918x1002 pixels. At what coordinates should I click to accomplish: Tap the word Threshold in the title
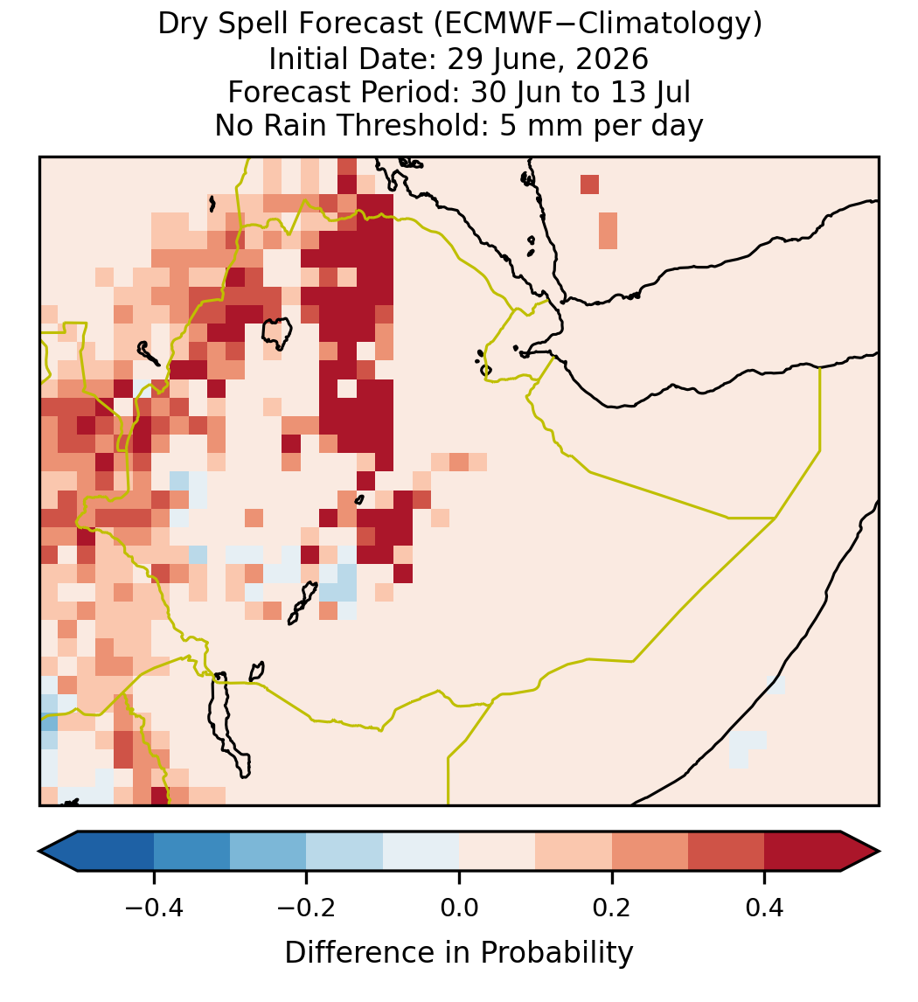tap(419, 125)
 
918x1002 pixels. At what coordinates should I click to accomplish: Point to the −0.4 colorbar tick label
tap(153, 908)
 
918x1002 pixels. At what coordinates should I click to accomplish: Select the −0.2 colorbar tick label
tap(306, 908)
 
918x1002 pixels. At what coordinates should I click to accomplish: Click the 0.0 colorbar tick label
tap(459, 908)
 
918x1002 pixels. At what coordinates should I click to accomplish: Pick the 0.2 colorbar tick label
tap(612, 908)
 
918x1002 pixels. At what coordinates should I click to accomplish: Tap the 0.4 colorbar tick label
tap(765, 908)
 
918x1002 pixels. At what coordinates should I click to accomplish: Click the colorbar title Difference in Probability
tap(459, 953)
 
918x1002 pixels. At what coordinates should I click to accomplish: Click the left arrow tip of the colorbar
tap(39, 852)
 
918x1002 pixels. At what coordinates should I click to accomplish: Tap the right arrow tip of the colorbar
tap(879, 852)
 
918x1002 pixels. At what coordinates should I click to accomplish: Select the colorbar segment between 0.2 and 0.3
tap(650, 852)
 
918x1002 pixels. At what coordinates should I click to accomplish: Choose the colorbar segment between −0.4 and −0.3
tap(191, 852)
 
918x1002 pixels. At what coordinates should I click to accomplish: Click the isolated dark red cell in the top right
tap(589, 184)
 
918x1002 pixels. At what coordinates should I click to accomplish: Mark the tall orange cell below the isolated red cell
tap(609, 231)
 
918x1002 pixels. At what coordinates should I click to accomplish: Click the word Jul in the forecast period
tap(676, 92)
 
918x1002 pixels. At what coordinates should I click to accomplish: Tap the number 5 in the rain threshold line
tap(507, 125)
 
